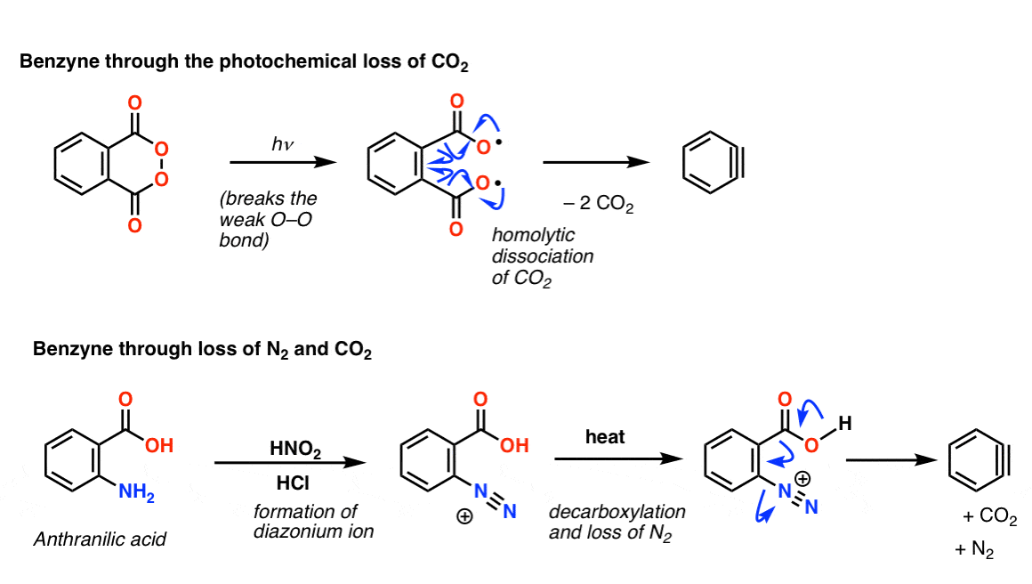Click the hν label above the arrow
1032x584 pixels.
pos(282,143)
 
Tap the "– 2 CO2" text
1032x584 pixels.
pos(598,204)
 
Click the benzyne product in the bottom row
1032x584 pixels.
pos(979,460)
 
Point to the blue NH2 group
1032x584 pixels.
pos(136,492)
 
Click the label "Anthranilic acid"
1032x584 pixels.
pos(100,539)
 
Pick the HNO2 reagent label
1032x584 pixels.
pos(295,449)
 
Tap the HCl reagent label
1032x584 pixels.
pos(293,483)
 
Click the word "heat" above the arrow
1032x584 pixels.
pos(605,436)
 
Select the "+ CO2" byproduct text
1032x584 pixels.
pos(989,516)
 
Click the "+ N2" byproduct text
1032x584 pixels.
pos(974,550)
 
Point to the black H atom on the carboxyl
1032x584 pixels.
pos(845,424)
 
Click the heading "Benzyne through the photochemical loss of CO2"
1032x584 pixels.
pos(244,62)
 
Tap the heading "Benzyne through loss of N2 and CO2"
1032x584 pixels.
pos(202,349)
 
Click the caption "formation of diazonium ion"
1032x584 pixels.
pos(313,522)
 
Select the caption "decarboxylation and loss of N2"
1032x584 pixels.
pos(617,523)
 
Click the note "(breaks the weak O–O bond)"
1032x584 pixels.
pos(268,219)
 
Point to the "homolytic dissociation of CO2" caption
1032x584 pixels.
pos(543,256)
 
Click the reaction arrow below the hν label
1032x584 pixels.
pos(283,162)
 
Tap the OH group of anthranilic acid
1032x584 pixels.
pos(159,446)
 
